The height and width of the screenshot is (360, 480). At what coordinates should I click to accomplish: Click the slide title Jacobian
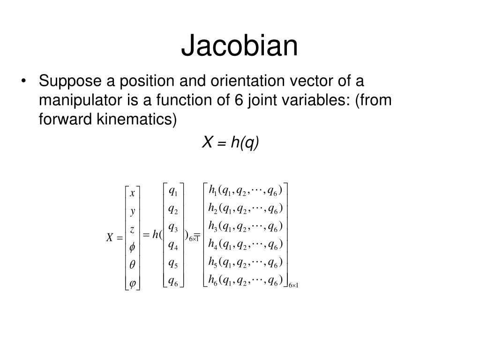click(x=240, y=46)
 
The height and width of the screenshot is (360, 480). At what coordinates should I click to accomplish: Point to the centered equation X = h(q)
click(x=230, y=142)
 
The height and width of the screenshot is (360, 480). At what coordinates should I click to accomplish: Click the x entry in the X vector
click(x=132, y=193)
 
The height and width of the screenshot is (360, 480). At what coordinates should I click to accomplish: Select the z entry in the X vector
click(x=132, y=229)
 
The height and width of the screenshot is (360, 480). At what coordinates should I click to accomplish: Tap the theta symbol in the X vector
click(x=132, y=264)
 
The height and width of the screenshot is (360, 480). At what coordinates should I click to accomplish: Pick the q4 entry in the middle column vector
click(x=172, y=245)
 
